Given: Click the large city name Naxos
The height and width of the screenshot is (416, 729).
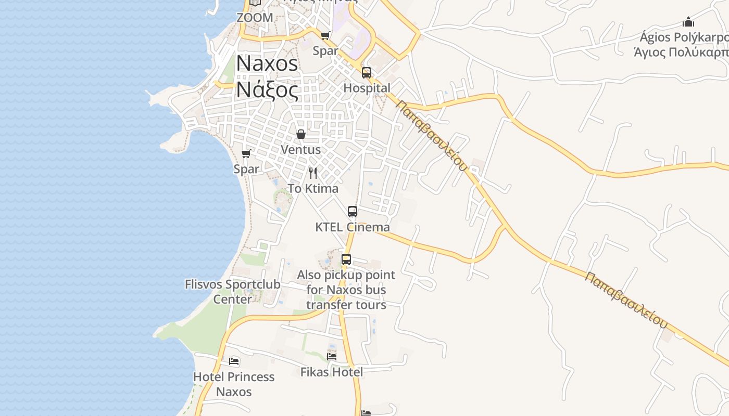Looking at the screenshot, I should click(x=267, y=63).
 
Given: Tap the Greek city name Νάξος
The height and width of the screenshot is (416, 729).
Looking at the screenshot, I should click(x=267, y=89).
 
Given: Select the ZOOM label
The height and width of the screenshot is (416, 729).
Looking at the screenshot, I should click(x=255, y=18).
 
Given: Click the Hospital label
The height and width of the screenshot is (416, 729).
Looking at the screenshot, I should click(x=367, y=88).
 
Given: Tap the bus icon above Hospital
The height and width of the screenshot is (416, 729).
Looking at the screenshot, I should click(x=367, y=73).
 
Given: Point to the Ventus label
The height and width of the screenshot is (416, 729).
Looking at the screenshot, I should click(x=300, y=150).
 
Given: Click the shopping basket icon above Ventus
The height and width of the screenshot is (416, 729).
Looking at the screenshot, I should click(x=301, y=134).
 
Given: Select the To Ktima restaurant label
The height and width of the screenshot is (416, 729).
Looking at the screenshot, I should click(x=313, y=189).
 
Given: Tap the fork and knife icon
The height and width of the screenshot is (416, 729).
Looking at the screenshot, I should click(x=313, y=173).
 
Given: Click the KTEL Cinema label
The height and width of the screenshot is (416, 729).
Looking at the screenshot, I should click(x=353, y=227).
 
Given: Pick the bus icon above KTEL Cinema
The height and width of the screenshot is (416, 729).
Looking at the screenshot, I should click(x=353, y=212).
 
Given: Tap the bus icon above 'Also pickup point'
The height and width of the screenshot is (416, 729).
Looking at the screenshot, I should click(x=346, y=259).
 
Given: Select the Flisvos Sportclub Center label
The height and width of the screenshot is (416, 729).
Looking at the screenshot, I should click(x=233, y=292).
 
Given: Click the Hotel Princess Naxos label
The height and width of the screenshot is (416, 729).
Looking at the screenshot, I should click(x=234, y=384).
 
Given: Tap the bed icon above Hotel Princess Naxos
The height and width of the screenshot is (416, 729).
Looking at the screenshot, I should click(x=234, y=361).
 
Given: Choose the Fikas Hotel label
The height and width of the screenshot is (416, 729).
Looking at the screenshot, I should click(x=332, y=372).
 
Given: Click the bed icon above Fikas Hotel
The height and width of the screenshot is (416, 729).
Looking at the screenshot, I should click(x=332, y=356).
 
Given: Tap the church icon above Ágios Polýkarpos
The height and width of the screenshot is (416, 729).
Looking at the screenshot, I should click(x=688, y=22).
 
